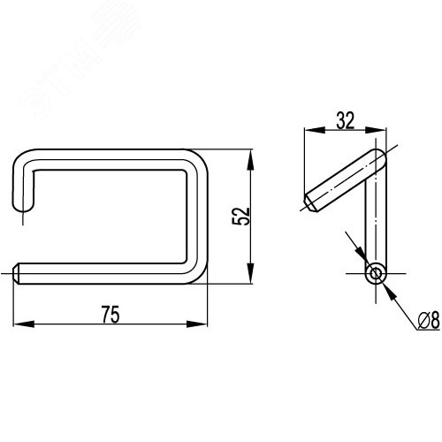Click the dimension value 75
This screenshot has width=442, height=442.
tap(110, 315)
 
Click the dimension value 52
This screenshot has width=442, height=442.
tap(240, 217)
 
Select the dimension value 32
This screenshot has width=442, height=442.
tap(346, 120)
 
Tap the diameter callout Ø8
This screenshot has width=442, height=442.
tap(429, 320)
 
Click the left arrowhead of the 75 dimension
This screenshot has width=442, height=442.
tap(24, 324)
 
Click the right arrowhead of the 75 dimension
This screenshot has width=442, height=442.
tap(197, 324)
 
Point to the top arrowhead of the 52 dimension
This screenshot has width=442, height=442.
tap(250, 160)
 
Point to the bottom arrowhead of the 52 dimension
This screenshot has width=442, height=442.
tap(250, 273)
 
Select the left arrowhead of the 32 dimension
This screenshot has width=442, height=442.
tap(315, 130)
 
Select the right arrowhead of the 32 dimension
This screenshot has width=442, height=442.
tap(376, 130)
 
